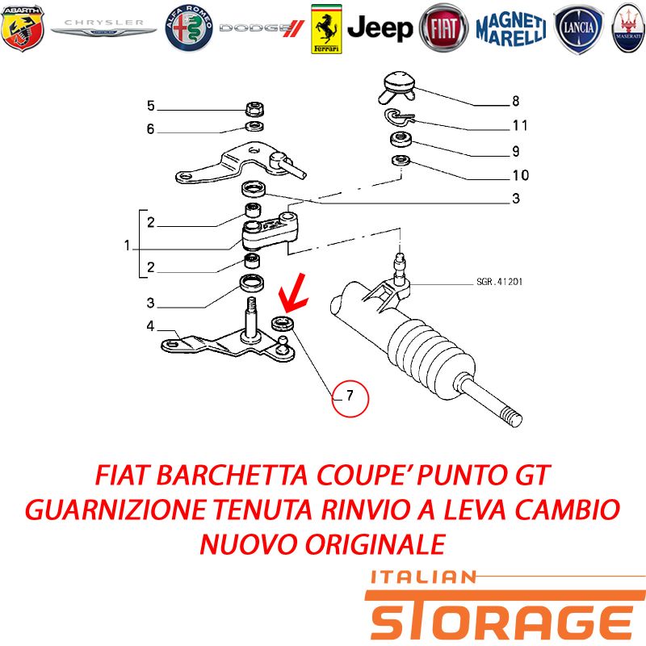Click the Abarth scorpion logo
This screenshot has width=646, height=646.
tap(23, 28)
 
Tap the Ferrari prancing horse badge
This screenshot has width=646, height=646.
tap(326, 29)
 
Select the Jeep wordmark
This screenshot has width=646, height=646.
tap(380, 28)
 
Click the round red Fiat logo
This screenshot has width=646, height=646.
tap(443, 28)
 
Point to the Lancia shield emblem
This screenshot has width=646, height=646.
tap(578, 29)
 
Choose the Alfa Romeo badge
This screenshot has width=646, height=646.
tap(189, 28)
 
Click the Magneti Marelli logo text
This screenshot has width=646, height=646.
tap(511, 28)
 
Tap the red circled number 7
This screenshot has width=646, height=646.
tap(350, 398)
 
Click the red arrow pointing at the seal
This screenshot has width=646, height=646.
tap(293, 293)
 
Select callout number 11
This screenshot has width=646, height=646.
tap(520, 125)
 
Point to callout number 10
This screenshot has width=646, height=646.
tap(520, 175)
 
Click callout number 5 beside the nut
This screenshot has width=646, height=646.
tap(151, 106)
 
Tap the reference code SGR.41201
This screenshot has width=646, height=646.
tap(499, 282)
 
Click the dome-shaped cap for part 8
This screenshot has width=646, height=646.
tap(397, 86)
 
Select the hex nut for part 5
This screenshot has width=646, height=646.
tap(254, 109)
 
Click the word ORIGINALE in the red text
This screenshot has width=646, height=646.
tap(375, 543)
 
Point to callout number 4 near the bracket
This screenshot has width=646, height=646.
tap(150, 326)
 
